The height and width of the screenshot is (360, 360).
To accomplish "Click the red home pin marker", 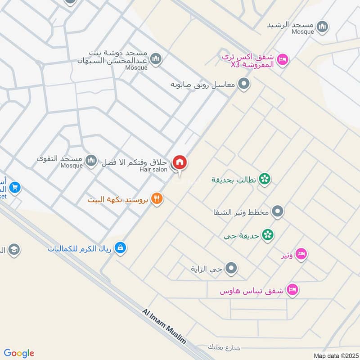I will pos(180,163).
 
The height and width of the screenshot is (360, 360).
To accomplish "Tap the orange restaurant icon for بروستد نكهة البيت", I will pos(157,198).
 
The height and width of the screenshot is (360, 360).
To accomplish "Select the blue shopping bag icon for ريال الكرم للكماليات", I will pos(120,247).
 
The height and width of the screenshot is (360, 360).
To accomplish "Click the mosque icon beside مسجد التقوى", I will pos(91,160).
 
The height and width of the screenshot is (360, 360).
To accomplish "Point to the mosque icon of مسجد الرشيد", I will pos(322,27).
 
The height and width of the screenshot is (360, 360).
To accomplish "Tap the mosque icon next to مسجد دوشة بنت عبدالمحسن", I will pos(156,59).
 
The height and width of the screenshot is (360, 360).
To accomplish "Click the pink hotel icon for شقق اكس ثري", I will pos(282,59).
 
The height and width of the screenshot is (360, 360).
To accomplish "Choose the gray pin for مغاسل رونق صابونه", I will pos(243,84).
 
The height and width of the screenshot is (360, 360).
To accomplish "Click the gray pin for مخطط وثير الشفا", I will pos(278,211).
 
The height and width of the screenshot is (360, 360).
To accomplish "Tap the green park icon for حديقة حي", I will pos(268,235).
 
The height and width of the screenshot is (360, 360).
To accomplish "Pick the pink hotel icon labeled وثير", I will pos(302,255).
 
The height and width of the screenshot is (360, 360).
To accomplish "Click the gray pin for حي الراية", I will pos(231,269).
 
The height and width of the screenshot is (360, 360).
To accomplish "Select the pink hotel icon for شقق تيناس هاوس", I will pos(293,290).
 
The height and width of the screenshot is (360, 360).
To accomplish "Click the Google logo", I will pos(19,353).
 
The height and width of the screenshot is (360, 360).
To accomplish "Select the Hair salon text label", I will pos(153,169).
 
